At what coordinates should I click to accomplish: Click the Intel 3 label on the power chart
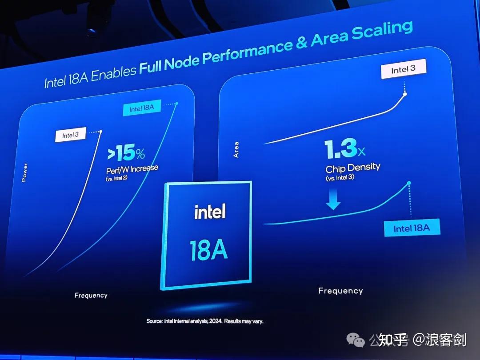point(70,135)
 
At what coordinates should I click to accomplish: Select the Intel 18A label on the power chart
point(142,108)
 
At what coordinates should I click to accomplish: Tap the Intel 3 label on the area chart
point(403,69)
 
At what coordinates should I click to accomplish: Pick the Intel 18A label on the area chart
point(412,228)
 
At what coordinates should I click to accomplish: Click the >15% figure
point(126,154)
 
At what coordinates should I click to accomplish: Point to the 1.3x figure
point(345,150)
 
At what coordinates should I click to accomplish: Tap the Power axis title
point(24,172)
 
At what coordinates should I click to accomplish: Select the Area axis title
point(236,150)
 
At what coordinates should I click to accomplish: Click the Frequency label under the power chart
point(91,295)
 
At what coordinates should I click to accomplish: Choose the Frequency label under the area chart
point(340,291)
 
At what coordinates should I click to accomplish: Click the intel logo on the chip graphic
point(210,212)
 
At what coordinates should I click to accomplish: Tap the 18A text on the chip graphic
point(208,250)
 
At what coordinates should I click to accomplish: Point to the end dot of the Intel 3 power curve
point(101,131)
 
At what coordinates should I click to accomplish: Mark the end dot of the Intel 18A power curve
point(176,104)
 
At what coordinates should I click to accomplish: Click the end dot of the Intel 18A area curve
point(408,183)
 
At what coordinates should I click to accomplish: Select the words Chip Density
point(353,168)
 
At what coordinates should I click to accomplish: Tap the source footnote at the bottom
point(205,321)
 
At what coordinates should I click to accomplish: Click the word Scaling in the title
point(382,32)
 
